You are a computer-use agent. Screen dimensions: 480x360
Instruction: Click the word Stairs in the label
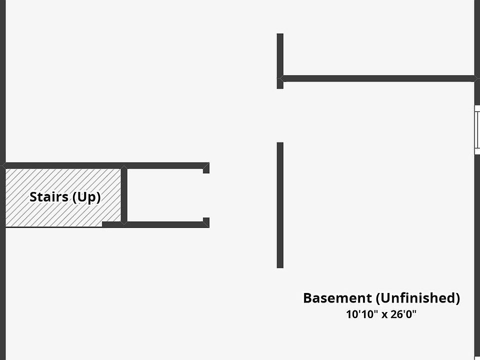click(x=49, y=197)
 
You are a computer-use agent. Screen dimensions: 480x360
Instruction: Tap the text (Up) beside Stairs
click(x=86, y=197)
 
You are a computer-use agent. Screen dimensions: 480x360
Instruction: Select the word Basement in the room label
click(x=337, y=298)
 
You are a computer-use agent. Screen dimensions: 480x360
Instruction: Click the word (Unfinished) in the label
click(x=418, y=298)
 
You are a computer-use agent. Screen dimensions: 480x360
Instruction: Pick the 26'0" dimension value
click(x=403, y=314)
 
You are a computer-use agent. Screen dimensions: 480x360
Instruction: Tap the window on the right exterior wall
click(x=477, y=129)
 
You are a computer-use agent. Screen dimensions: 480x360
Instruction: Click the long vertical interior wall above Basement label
click(x=280, y=205)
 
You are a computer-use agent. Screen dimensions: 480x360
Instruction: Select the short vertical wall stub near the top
click(x=280, y=61)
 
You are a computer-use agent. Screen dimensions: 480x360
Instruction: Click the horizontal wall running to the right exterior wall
click(x=378, y=78)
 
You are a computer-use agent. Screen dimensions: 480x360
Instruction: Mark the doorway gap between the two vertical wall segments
click(x=280, y=115)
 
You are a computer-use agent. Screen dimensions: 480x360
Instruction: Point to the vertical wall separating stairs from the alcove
click(x=124, y=195)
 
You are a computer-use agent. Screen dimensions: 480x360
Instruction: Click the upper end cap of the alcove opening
click(x=206, y=168)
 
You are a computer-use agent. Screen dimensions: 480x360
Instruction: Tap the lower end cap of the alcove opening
click(x=206, y=222)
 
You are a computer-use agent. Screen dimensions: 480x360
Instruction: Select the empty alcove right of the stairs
click(x=165, y=195)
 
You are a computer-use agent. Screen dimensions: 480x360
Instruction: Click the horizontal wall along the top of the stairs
click(x=105, y=165)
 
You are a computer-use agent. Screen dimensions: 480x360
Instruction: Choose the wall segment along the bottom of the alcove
click(x=155, y=224)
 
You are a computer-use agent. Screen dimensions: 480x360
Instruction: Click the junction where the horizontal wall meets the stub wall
click(x=280, y=78)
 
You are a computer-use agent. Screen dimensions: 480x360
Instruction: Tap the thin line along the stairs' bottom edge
click(x=54, y=227)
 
